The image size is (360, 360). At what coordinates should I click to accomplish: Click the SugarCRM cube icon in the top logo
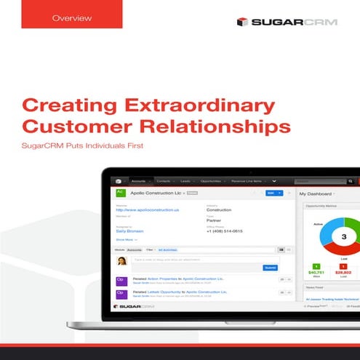pyautogui.click(x=243, y=22)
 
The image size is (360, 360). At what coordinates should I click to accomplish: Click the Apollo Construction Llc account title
pyautogui.click(x=157, y=193)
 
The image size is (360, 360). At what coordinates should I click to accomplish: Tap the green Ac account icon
pyautogui.click(x=121, y=193)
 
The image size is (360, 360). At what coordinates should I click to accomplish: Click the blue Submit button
pyautogui.click(x=270, y=267)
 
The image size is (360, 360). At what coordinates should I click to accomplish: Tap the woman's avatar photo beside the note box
pyautogui.click(x=122, y=261)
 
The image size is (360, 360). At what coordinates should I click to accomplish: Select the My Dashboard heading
pyautogui.click(x=317, y=194)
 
